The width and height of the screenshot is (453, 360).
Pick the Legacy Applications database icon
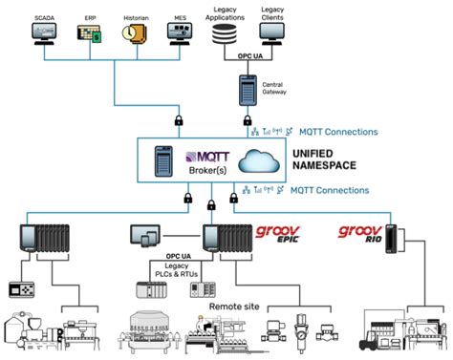(226, 35)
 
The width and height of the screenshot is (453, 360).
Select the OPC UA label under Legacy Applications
(250, 58)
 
